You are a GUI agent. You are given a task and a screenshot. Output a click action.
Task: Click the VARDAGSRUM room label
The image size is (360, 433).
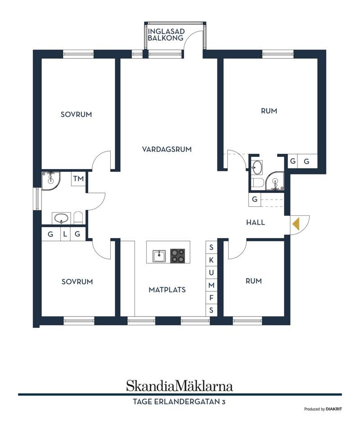(x=166, y=149)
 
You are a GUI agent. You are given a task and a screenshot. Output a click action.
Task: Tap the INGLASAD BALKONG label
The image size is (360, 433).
(x=166, y=35)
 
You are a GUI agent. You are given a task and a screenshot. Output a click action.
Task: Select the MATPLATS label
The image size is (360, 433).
(x=167, y=290)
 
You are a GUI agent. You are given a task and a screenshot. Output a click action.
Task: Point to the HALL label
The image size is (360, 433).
(x=255, y=222)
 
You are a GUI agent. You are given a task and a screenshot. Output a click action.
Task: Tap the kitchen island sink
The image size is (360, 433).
(x=159, y=256)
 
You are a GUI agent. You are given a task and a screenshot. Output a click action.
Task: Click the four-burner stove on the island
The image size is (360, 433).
(x=177, y=256)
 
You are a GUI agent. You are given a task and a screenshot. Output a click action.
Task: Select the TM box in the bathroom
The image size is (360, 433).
(x=78, y=179)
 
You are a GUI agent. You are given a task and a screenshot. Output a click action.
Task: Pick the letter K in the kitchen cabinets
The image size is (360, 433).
(x=211, y=260)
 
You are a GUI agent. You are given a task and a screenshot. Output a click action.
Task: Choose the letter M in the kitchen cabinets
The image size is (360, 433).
(x=211, y=285)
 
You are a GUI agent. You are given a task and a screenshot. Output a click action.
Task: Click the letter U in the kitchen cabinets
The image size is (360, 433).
(x=211, y=272)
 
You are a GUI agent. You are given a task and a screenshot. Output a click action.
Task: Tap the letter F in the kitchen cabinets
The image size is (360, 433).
(x=211, y=298)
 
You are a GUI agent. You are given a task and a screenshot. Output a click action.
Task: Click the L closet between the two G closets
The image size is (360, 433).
(x=65, y=234)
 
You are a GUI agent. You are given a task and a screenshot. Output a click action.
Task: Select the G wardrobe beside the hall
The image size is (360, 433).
(x=254, y=199)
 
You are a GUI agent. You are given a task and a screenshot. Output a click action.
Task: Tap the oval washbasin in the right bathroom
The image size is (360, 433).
(x=257, y=167)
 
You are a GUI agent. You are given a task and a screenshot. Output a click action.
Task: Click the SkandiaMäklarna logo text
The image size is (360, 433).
(x=180, y=386)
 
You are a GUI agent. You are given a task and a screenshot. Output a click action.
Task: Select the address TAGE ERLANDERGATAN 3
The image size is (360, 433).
(x=179, y=402)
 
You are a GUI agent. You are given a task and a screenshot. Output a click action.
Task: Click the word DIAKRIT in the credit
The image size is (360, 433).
(x=334, y=409)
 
